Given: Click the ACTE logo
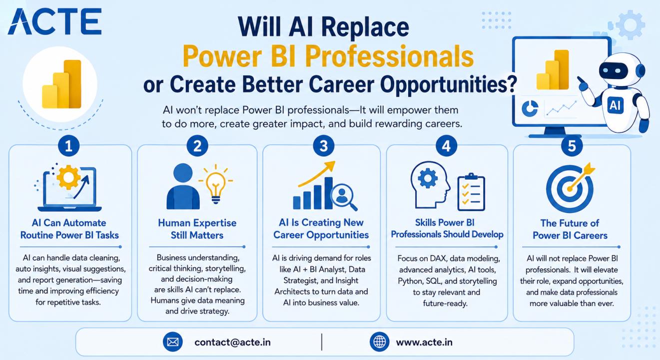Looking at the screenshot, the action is pos(55,21).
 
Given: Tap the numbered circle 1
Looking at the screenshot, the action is pos(68,146).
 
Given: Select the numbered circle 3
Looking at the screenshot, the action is pos(324,146).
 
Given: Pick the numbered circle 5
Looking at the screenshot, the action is pos(572,146).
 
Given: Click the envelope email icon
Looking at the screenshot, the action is pos(173,342).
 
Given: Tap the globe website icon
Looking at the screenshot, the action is pos(380,342).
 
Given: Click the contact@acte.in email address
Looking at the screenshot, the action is pos(232,342).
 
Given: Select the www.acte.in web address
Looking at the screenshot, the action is pos(424,342).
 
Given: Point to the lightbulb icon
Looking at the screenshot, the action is pos(216,185).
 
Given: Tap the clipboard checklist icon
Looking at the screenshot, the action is pos(471,192).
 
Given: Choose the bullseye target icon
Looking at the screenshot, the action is pos(570,187).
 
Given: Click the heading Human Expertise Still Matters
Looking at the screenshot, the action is pos(197,229).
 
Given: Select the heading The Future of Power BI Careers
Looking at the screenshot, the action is pos(570,229).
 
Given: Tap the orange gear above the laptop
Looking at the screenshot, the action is pos(68,177).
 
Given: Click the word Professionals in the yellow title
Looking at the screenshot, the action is pos(389,56).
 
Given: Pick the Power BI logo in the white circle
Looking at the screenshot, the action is pos(61,84).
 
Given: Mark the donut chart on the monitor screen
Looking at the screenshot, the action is pos(530,108).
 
